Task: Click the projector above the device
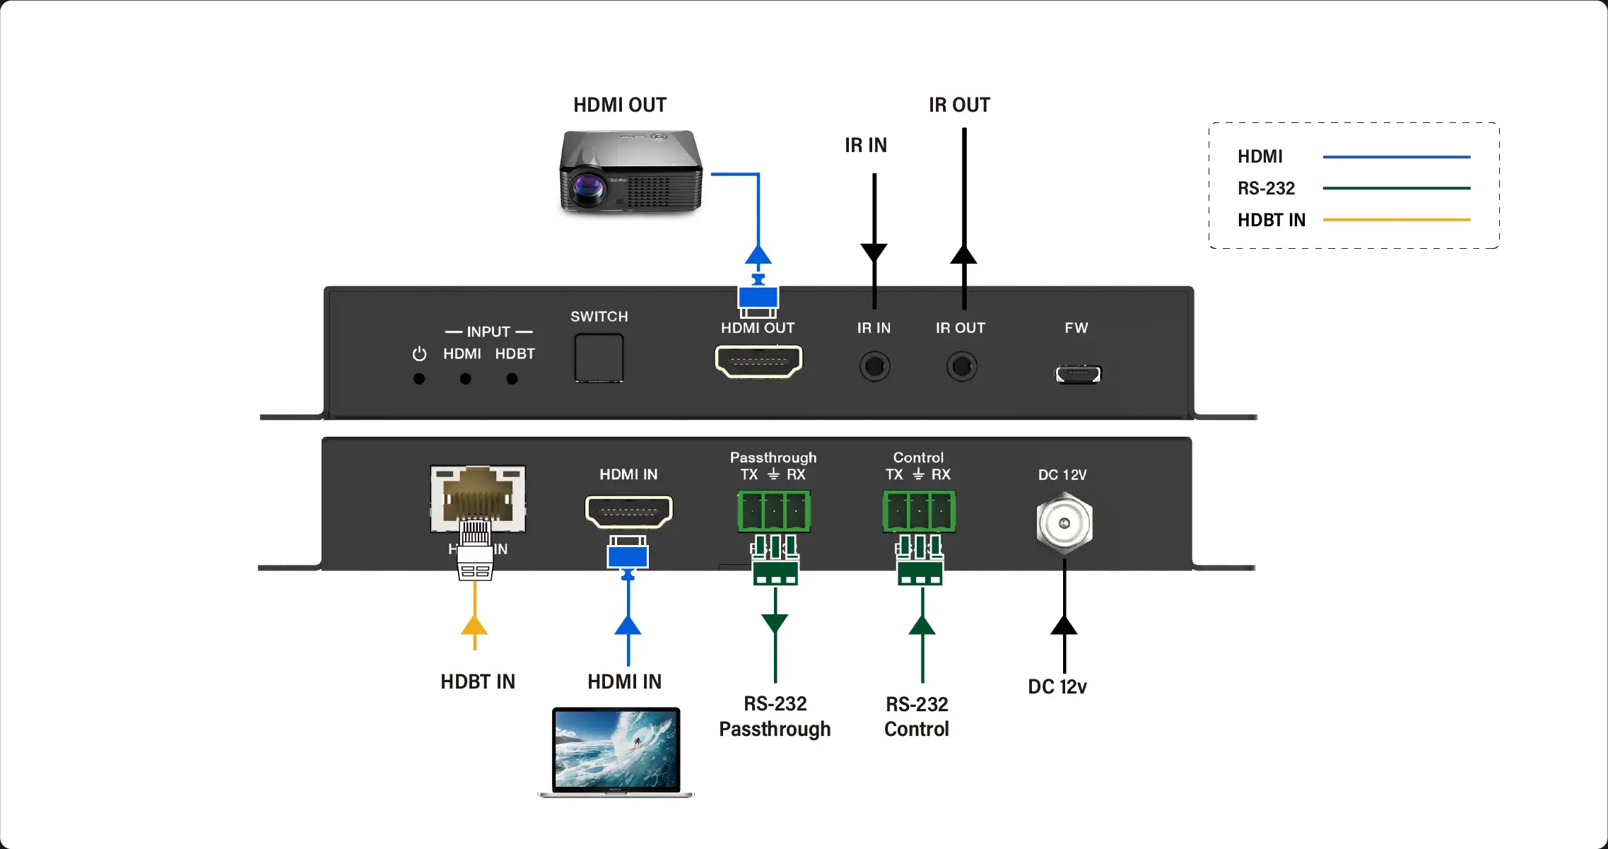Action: tap(630, 170)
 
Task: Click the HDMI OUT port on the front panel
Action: tap(758, 361)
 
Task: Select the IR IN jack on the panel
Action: tap(874, 367)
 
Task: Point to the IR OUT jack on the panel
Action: tap(961, 367)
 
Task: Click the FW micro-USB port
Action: tap(1078, 374)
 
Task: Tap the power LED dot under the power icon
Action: tap(419, 379)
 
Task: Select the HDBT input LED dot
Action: tap(512, 379)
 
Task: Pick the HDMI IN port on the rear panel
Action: tap(628, 512)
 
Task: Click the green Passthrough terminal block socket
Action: tap(774, 510)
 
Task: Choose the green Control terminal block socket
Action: tap(919, 510)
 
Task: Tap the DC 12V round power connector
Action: tap(1064, 524)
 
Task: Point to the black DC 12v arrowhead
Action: tap(1064, 626)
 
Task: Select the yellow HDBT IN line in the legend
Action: tap(1396, 220)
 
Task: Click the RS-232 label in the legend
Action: tap(1266, 189)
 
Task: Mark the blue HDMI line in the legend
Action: tap(1396, 157)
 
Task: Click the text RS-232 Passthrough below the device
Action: tap(775, 716)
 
